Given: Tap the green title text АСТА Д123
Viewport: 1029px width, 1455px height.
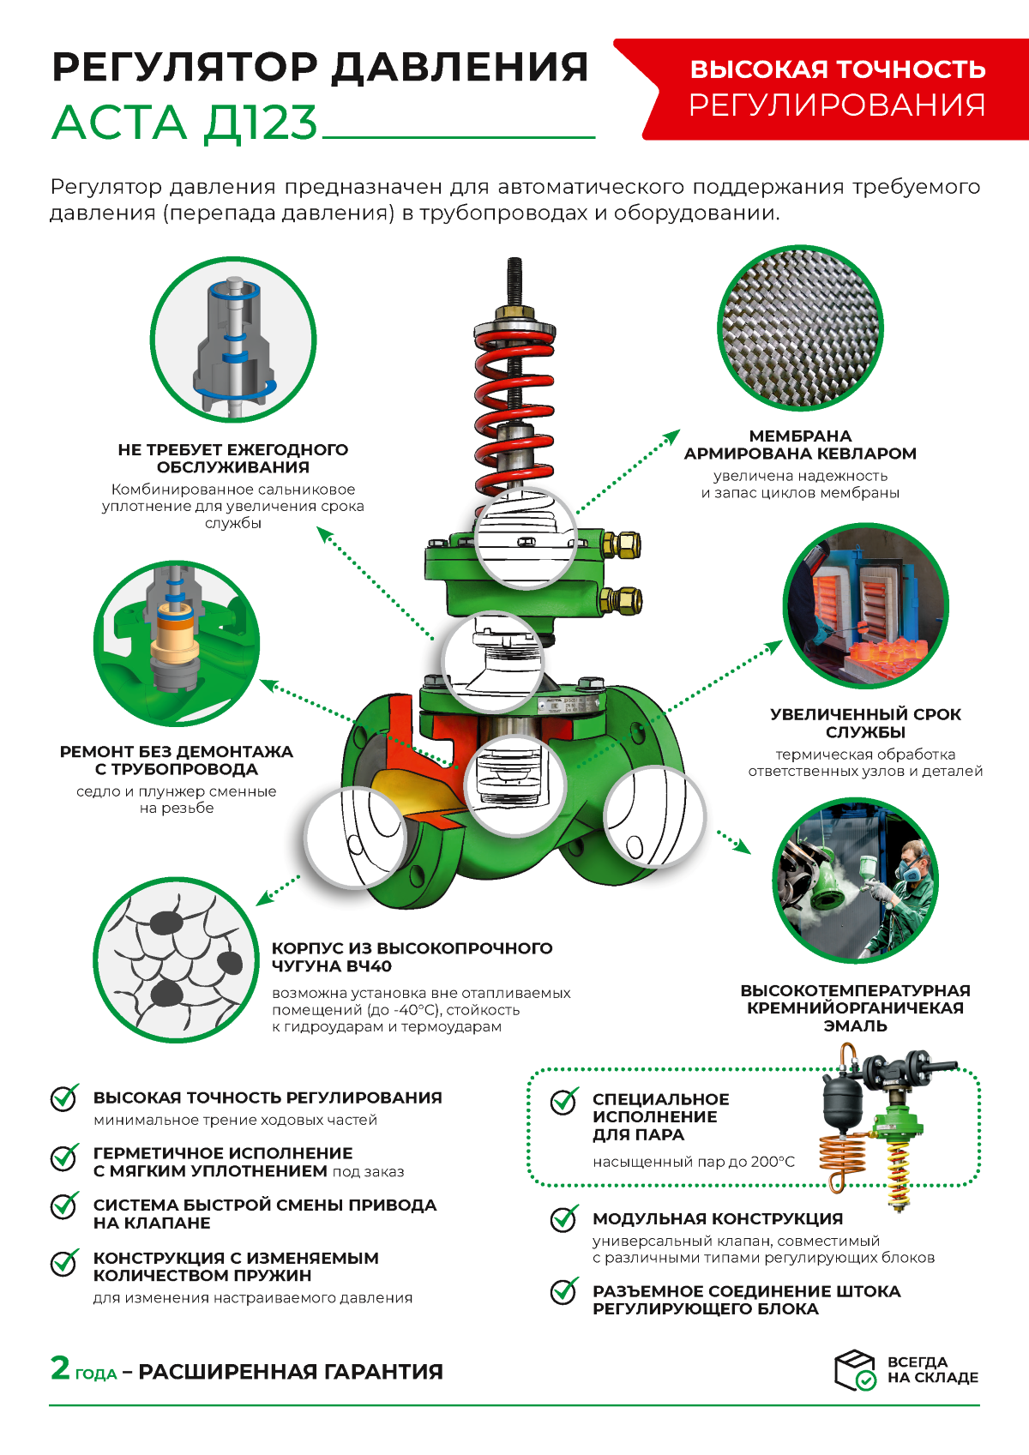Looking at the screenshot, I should click(x=184, y=123).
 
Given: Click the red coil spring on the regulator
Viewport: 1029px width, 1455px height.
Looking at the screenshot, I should click(x=513, y=394).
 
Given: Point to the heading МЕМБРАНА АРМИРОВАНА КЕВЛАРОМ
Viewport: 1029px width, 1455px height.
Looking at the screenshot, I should click(x=800, y=445).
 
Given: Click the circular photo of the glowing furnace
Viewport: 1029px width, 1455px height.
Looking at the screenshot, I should click(x=865, y=607).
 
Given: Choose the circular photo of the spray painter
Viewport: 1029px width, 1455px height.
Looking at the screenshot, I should click(x=856, y=881).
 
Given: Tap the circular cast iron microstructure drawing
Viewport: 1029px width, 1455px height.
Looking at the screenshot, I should click(x=176, y=959).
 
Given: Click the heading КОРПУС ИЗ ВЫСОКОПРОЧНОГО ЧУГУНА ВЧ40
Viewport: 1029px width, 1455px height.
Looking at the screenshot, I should click(x=412, y=957).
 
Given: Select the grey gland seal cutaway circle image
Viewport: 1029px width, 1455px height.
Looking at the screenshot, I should click(x=233, y=340).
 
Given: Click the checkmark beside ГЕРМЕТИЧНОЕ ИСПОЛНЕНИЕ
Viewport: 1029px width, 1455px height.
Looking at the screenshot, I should click(x=64, y=1157).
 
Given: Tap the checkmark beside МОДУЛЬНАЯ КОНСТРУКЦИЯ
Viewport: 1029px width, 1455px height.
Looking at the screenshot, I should click(x=563, y=1218).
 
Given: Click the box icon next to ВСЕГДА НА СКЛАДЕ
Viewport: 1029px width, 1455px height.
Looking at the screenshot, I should click(x=855, y=1369).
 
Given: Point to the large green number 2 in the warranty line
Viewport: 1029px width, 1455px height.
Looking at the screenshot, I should click(x=60, y=1368).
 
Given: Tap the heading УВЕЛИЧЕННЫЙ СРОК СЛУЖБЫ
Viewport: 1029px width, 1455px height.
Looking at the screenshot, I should click(x=865, y=723).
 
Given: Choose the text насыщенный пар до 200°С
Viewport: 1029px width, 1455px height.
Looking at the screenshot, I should click(x=694, y=1162).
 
